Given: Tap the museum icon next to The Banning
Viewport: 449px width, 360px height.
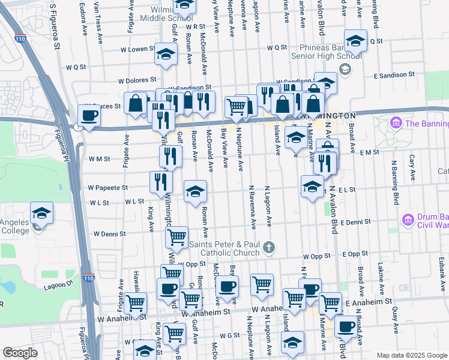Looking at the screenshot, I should click(x=396, y=124).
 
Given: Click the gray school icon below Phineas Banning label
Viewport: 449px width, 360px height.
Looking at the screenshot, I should click(x=345, y=70).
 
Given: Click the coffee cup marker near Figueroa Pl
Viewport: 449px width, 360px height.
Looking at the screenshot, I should click(x=89, y=116).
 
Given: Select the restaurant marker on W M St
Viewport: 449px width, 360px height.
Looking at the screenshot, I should click(x=170, y=157).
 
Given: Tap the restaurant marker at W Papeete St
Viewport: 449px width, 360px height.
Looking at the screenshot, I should click(x=161, y=182).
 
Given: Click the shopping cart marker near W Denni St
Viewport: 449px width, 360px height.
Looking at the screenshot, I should click(x=176, y=237).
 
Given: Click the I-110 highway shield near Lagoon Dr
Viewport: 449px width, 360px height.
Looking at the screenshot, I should click(x=88, y=278).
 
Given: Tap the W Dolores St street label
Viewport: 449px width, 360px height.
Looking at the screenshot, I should click(x=137, y=80).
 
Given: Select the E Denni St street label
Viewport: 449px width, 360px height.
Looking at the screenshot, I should click(x=355, y=222).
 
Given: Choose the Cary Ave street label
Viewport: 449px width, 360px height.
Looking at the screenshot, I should click(x=412, y=169).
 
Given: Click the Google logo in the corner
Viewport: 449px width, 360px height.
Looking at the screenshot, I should click(x=20, y=353).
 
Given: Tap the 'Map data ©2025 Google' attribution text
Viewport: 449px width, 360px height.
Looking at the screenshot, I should click(x=411, y=355).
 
